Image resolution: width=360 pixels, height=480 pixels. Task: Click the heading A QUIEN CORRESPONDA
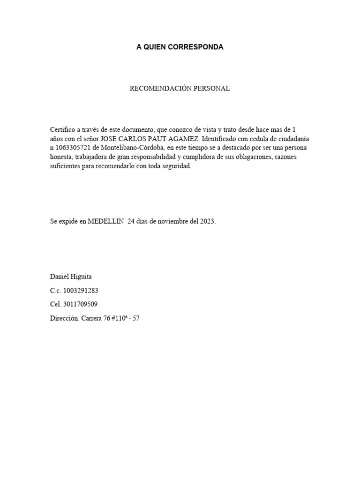[x=180, y=47]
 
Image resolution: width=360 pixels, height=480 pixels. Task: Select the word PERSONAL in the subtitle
[x=214, y=89]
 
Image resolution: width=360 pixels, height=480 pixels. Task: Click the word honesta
[x=61, y=157]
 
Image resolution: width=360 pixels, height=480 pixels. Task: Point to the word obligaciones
[x=243, y=157]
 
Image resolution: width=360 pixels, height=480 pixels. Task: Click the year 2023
[x=207, y=222]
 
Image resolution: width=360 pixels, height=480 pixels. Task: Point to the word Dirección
[x=64, y=318]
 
